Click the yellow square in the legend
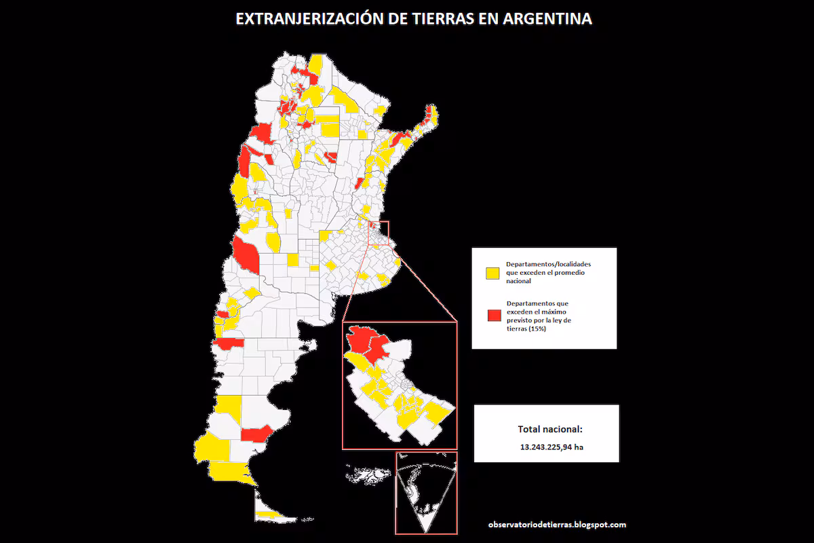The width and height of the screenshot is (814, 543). pos(491,273)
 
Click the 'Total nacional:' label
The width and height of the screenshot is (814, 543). pos(550,429)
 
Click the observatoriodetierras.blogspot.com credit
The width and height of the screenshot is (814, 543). pos(556,525)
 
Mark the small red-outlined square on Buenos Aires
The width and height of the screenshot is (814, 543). pos(378,233)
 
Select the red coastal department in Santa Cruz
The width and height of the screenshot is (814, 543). pos(256,433)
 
